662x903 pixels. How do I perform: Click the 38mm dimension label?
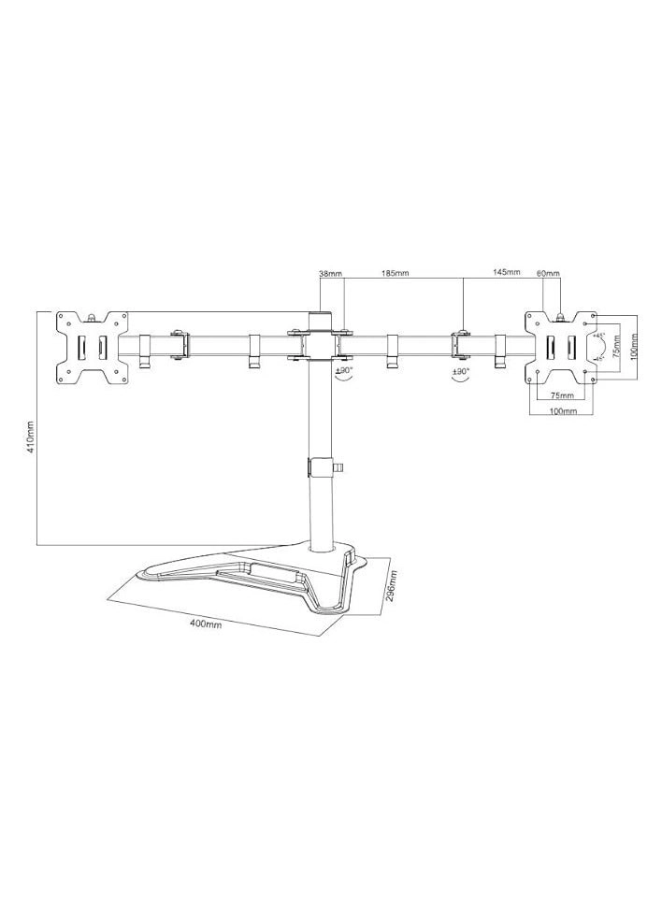(x=330, y=274)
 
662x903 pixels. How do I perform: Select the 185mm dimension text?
(x=395, y=274)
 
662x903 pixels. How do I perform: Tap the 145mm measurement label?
(x=505, y=273)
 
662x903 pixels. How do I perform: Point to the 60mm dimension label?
(x=548, y=274)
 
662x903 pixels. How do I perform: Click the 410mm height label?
(x=31, y=437)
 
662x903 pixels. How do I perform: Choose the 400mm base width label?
(x=207, y=624)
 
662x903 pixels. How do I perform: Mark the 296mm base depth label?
(x=395, y=587)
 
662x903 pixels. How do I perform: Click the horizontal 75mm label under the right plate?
(x=561, y=395)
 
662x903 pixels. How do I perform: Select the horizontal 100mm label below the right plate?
(x=562, y=411)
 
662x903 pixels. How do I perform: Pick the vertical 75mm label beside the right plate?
(x=616, y=347)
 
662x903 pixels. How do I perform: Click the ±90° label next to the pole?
(x=342, y=371)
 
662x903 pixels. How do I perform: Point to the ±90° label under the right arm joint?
(x=460, y=372)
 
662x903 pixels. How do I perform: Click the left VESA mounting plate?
(x=91, y=347)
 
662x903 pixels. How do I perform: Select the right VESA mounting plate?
(x=560, y=346)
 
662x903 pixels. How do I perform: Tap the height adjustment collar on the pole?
(x=321, y=465)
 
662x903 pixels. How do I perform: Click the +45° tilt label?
(x=599, y=337)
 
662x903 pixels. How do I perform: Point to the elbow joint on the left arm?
(x=178, y=343)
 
